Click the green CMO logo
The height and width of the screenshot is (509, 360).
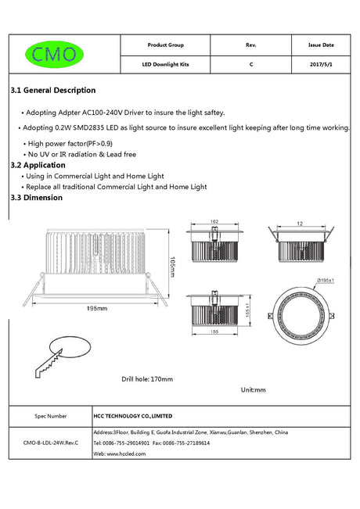click(x=54, y=54)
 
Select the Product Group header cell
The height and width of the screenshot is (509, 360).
click(x=165, y=45)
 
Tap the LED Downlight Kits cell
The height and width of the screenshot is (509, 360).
click(x=165, y=64)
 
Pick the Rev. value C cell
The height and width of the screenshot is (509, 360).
click(x=251, y=64)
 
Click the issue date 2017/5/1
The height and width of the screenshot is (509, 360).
click(x=321, y=64)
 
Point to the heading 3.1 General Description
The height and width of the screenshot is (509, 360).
click(x=53, y=90)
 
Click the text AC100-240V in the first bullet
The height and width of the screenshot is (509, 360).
click(x=102, y=113)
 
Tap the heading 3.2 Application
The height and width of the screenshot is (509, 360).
click(x=38, y=165)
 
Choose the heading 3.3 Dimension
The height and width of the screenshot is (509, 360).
click(x=36, y=198)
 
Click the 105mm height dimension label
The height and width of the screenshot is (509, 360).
click(x=172, y=267)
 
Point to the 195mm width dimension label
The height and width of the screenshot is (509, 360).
click(x=97, y=308)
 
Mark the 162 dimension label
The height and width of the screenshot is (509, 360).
click(x=214, y=221)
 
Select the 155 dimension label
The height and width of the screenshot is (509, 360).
click(x=214, y=332)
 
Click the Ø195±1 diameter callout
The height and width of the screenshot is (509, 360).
click(x=326, y=280)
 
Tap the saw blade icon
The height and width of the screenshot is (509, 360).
click(x=49, y=364)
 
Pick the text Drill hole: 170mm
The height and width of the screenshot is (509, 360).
click(x=147, y=379)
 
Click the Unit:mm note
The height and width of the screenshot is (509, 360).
click(x=253, y=390)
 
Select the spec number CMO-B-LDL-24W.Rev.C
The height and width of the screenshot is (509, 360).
click(x=51, y=443)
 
